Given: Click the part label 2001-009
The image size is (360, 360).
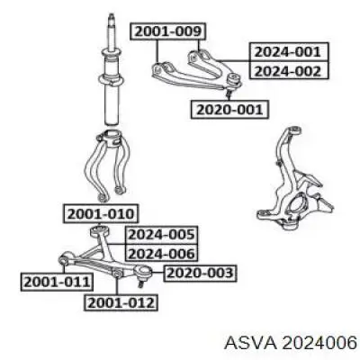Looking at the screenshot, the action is pyautogui.click(x=168, y=31).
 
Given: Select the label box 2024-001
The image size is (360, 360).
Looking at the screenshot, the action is pyautogui.click(x=288, y=52).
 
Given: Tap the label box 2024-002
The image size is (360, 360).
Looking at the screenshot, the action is pyautogui.click(x=288, y=70).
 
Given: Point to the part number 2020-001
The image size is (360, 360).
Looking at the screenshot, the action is pyautogui.click(x=229, y=110).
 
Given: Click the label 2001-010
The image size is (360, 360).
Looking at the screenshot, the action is pyautogui.click(x=101, y=214).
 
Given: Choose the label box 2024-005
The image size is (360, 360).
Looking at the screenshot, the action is pyautogui.click(x=162, y=234).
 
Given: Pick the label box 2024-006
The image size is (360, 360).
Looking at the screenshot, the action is pyautogui.click(x=162, y=254).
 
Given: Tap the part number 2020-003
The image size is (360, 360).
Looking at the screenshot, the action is pyautogui.click(x=201, y=273).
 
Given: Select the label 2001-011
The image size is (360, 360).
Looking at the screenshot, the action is pyautogui.click(x=57, y=282).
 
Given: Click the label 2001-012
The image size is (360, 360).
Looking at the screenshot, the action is pyautogui.click(x=121, y=302).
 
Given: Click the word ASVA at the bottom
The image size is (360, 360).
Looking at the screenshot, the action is pyautogui.click(x=249, y=343).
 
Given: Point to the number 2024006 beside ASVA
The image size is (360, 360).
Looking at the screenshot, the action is pyautogui.click(x=319, y=343).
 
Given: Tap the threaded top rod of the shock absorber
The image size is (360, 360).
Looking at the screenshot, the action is pyautogui.click(x=112, y=33).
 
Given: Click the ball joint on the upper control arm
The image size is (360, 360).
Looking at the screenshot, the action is pyautogui.click(x=234, y=80).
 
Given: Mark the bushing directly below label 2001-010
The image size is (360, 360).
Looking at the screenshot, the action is pyautogui.click(x=100, y=231).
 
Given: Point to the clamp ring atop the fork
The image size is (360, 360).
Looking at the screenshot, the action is pyautogui.click(x=110, y=139).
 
